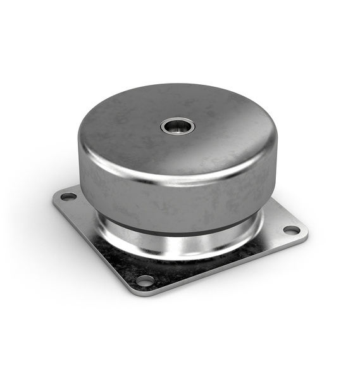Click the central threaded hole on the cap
[178, 126]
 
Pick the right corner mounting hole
[291, 230]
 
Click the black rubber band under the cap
[183, 224]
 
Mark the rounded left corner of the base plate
[56, 198]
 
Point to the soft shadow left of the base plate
[38, 215]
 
